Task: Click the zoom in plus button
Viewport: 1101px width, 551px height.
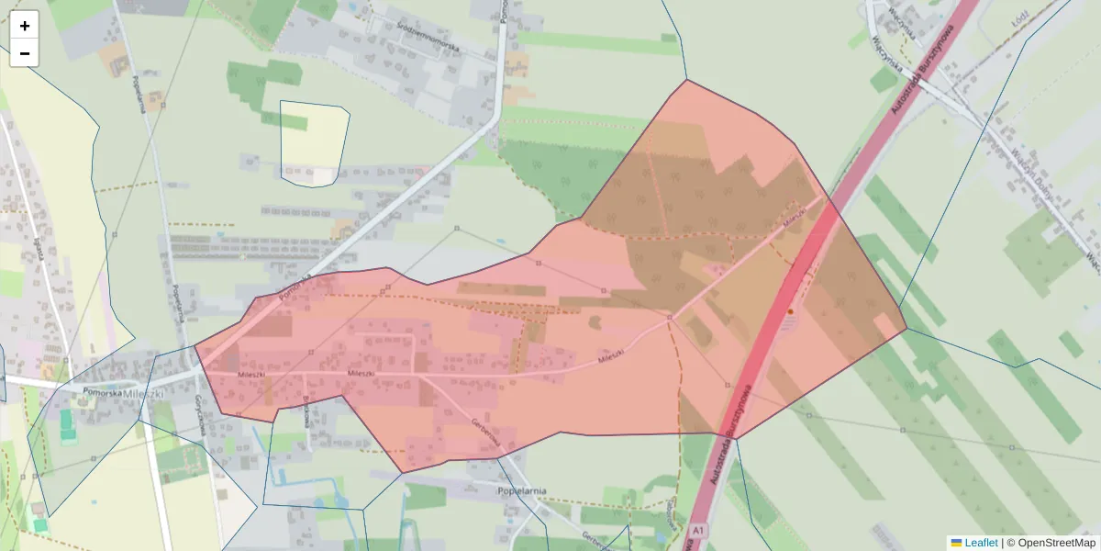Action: [25, 26]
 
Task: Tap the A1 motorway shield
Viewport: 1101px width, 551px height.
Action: [699, 531]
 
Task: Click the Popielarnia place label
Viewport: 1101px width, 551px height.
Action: [520, 490]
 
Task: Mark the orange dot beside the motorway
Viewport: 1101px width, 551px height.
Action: [790, 312]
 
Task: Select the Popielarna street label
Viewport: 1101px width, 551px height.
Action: [140, 93]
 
